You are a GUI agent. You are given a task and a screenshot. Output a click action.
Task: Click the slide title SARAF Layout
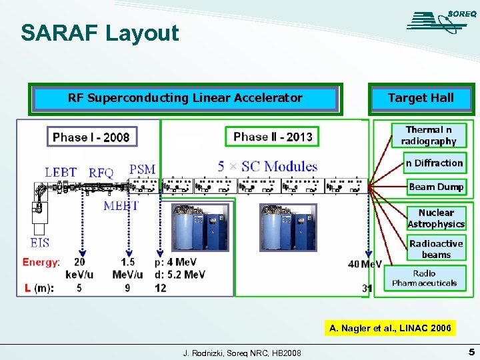click(x=100, y=33)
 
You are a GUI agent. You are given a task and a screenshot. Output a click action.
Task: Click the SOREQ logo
click(x=437, y=22)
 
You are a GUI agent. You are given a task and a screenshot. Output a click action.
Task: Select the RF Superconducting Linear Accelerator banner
click(x=185, y=99)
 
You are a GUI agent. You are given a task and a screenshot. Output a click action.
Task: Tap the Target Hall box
click(x=421, y=99)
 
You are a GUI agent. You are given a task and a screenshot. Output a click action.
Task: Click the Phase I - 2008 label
click(x=91, y=137)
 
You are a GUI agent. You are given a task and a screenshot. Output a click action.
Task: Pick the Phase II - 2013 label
click(x=273, y=137)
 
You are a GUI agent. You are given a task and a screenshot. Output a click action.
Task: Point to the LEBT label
click(x=61, y=172)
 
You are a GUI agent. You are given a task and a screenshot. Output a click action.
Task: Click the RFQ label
click(x=101, y=173)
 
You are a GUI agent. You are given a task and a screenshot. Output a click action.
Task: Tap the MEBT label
click(x=121, y=205)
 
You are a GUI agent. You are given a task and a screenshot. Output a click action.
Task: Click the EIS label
click(x=39, y=242)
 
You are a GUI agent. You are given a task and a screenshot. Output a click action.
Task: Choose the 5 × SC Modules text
click(x=267, y=166)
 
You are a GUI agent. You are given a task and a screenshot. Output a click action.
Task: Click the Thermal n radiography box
click(x=429, y=135)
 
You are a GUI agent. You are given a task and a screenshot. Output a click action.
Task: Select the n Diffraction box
click(x=434, y=163)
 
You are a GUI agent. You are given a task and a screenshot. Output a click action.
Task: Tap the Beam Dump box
click(x=435, y=187)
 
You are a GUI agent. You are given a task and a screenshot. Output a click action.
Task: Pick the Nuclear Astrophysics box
click(x=436, y=219)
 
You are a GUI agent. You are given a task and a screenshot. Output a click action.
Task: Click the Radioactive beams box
click(x=436, y=249)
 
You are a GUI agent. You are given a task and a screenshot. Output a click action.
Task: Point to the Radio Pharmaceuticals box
click(x=425, y=278)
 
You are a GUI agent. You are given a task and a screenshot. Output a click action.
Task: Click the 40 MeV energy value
click(x=365, y=264)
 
